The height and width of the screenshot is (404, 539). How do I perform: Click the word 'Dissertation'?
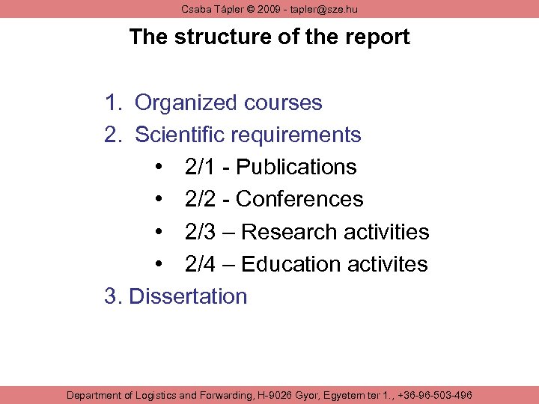[188, 296]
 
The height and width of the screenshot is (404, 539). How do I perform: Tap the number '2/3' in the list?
[202, 232]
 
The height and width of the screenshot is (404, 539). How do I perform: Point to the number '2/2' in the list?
[202, 199]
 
